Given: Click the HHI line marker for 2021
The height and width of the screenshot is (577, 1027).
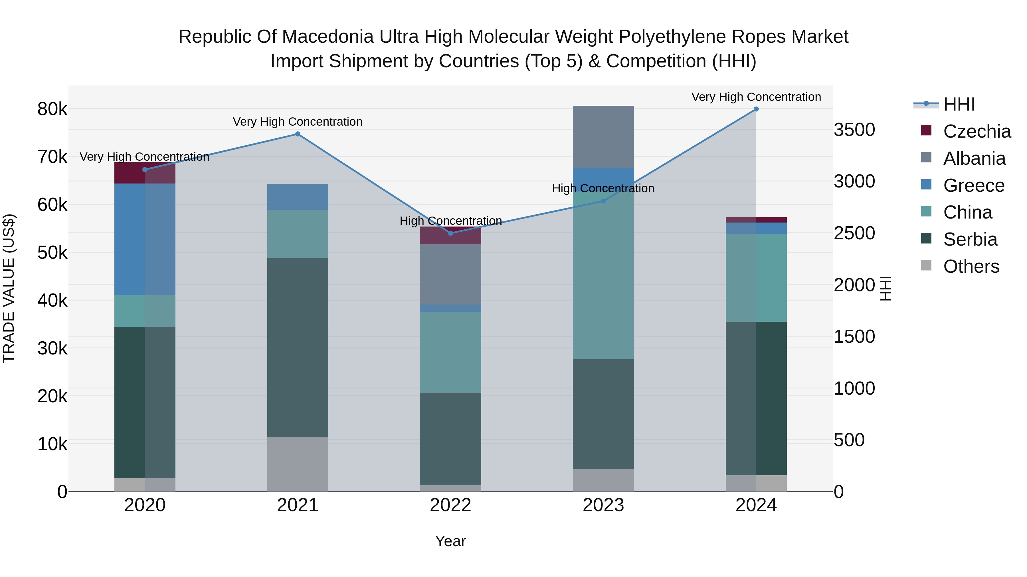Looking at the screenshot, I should [298, 134].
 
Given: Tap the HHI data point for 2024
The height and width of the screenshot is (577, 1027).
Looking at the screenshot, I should [756, 109].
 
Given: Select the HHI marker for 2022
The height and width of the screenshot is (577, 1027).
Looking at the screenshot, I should [450, 233].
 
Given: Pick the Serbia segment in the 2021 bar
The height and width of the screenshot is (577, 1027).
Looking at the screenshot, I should [298, 347].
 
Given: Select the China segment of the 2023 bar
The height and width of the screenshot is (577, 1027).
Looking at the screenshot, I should [603, 276].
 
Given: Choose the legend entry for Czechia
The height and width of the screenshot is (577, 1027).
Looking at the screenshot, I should [977, 131].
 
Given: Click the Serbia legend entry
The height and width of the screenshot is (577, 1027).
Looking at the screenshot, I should [970, 239].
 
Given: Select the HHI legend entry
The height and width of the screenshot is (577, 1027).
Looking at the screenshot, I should [959, 104].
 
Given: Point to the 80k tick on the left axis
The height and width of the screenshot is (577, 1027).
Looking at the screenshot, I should [52, 109].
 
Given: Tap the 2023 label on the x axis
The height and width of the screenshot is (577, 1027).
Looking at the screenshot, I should [603, 505].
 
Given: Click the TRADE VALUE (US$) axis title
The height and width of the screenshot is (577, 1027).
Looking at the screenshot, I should [9, 288].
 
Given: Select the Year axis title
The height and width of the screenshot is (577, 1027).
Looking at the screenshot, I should [450, 541].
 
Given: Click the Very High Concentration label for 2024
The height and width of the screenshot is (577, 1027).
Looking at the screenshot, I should [756, 97].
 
